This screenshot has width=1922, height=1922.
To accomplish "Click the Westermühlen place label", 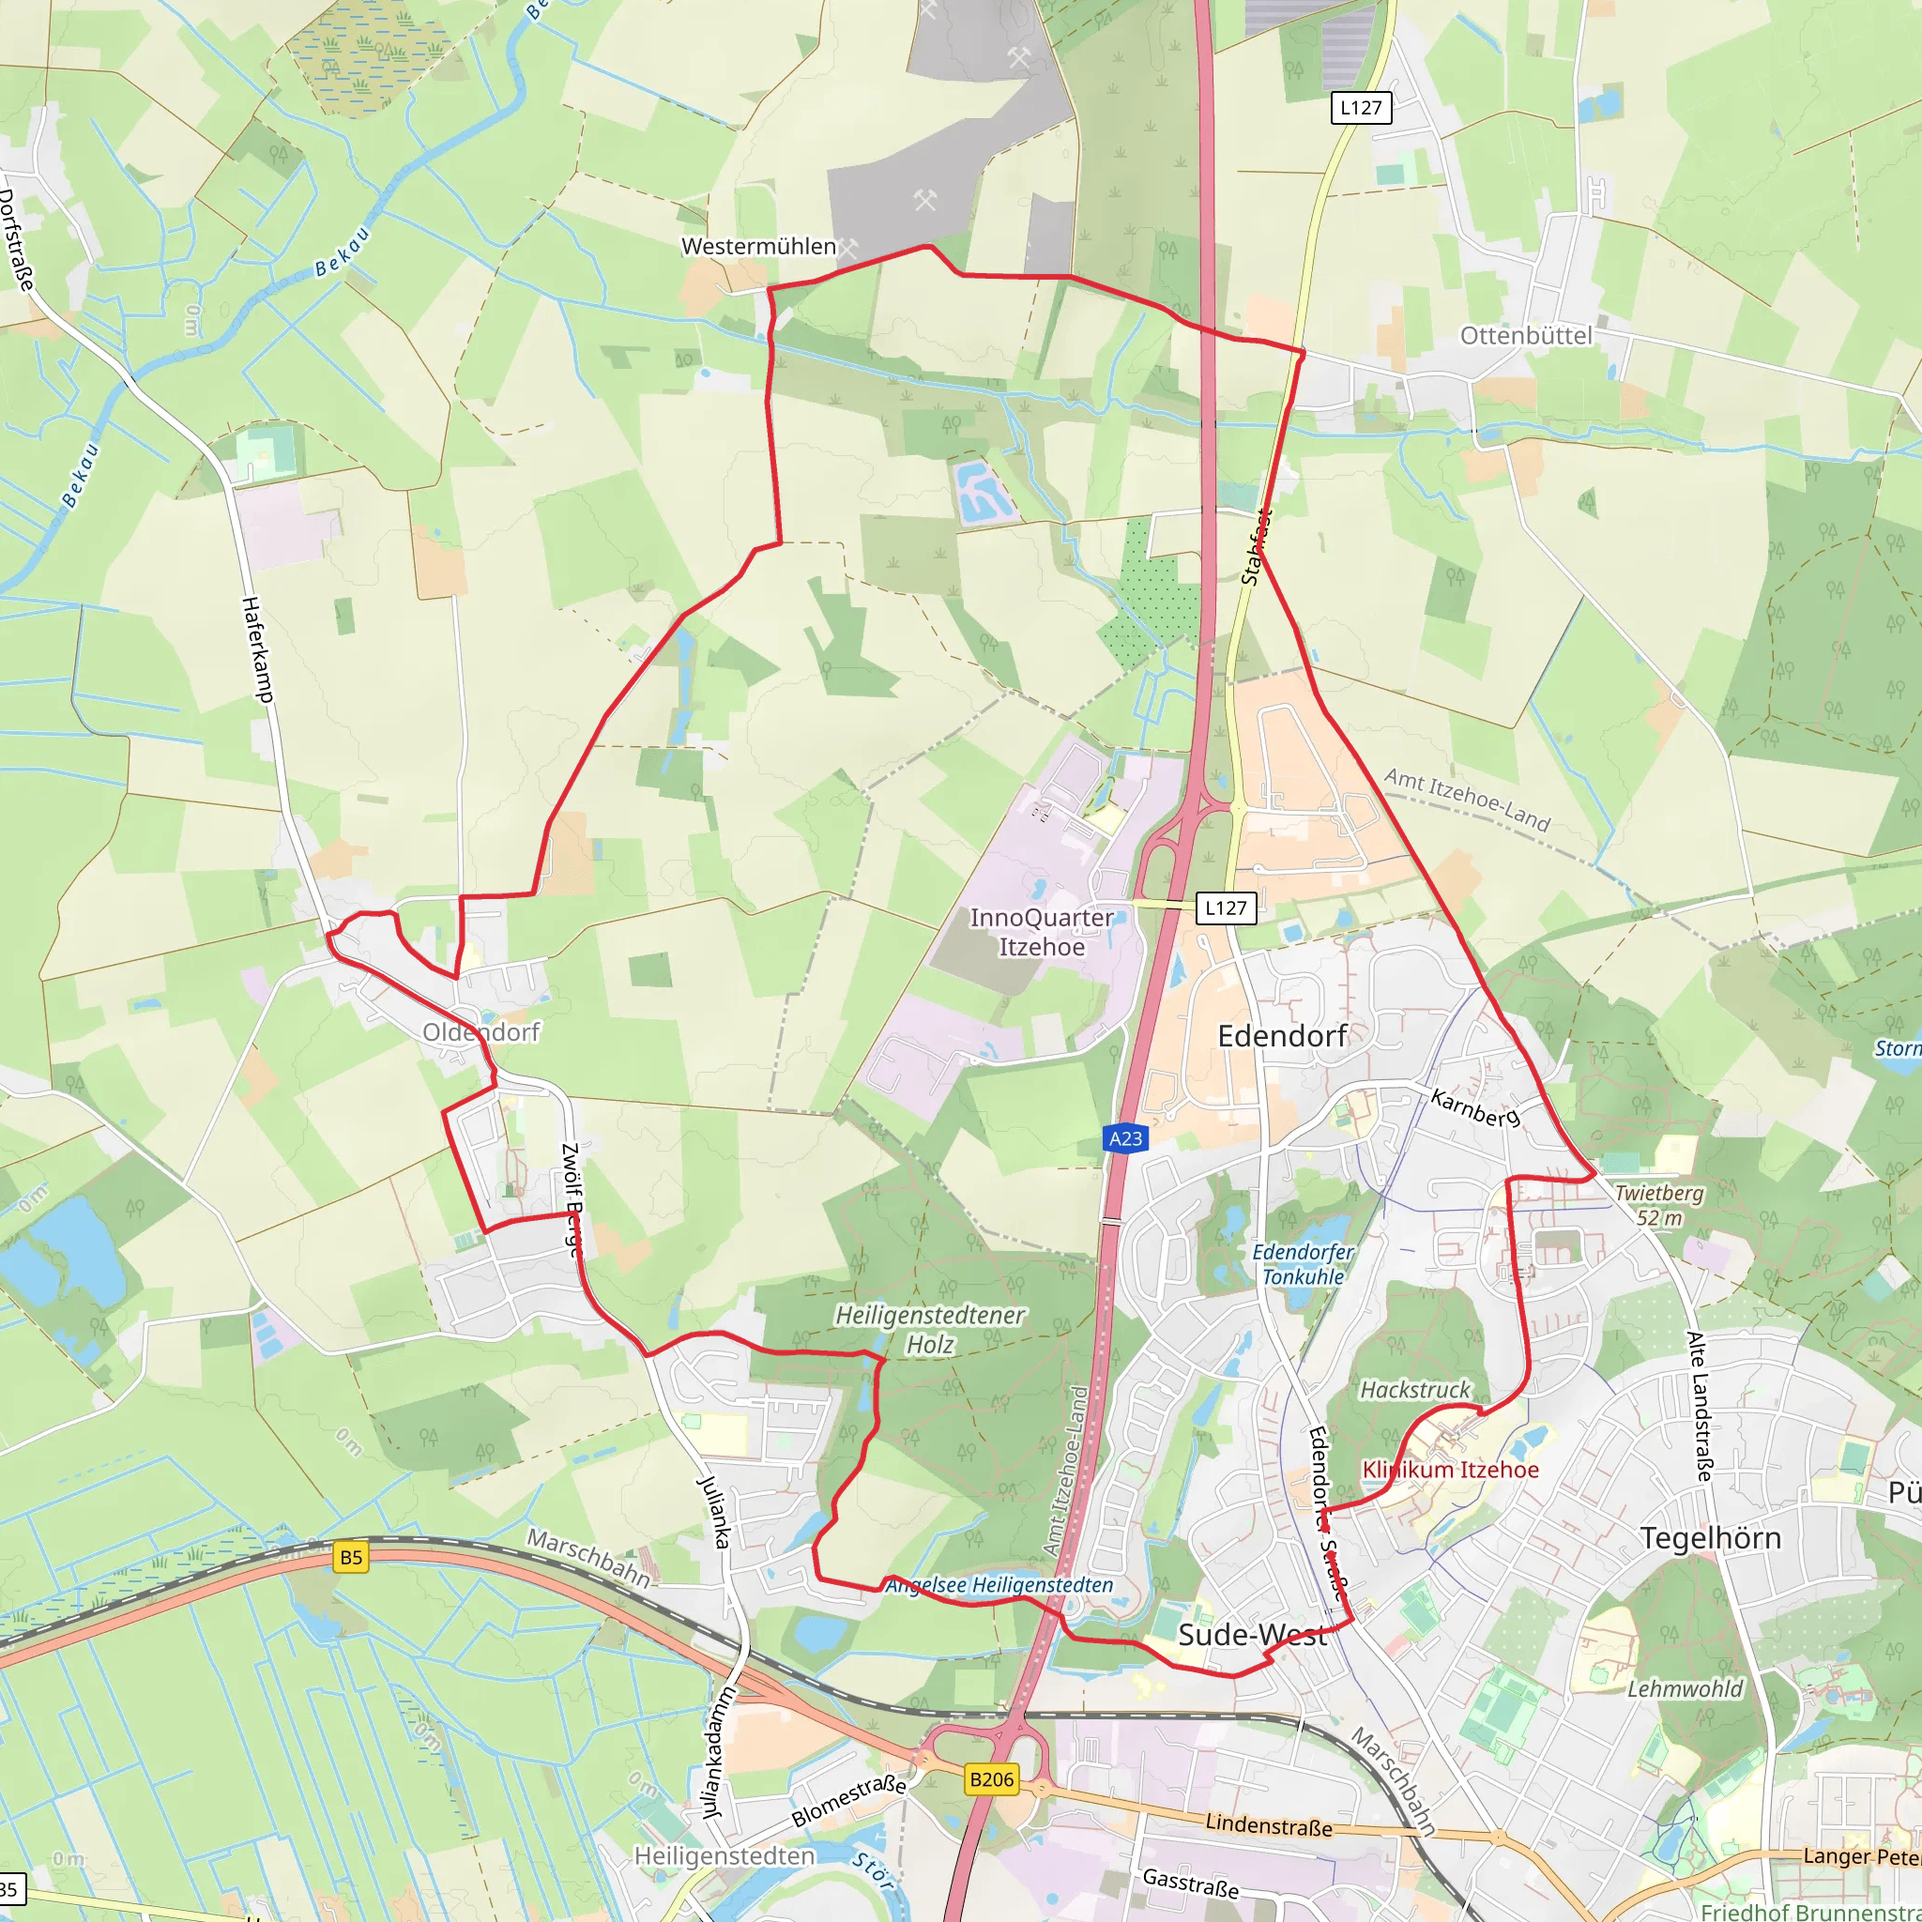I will pos(758,246).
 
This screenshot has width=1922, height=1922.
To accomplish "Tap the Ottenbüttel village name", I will pos(1525,335).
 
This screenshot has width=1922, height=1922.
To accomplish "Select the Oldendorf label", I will pos(480,1031).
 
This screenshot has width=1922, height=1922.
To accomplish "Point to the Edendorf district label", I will pos(1282,1036).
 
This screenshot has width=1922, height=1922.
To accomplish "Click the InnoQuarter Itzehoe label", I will pos(1042,931).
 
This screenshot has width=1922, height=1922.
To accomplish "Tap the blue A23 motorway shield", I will pos(1125,1138).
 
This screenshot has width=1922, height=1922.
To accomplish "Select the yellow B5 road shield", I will pos(351,1557).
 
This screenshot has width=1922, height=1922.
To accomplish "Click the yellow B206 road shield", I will pos(992,1778).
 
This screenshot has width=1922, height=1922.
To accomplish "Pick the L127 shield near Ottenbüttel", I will pos(1360,107).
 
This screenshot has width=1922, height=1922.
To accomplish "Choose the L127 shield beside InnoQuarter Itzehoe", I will pos(1225,908).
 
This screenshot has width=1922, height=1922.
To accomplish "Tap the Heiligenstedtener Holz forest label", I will pos(929,1329).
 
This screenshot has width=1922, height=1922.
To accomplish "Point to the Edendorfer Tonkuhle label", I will pos(1303,1263).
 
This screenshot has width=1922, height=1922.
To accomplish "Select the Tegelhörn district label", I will pos(1710,1538).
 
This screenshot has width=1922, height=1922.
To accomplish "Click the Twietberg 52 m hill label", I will pos(1658,1205).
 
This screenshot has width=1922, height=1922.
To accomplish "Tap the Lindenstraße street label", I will pos(1269,1824).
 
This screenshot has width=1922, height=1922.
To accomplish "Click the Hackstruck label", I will pos(1414,1390).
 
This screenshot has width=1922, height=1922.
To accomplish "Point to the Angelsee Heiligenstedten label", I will pos(999,1585).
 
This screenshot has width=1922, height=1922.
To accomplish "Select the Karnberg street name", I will pos(1475,1108).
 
